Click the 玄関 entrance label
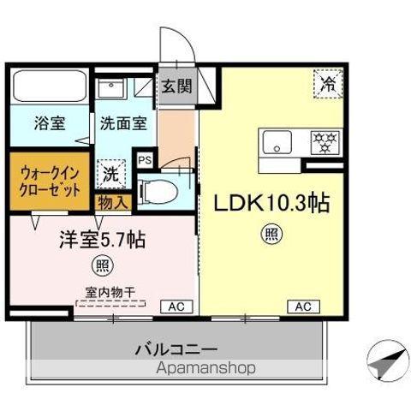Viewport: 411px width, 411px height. [x=178, y=86]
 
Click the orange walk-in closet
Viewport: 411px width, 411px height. [x=49, y=182]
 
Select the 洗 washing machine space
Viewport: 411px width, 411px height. [x=112, y=174]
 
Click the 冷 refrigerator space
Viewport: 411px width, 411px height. [x=327, y=84]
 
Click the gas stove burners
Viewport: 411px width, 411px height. [x=324, y=139]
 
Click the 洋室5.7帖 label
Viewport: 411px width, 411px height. [x=101, y=239]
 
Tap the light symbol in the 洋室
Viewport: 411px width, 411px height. [x=103, y=264]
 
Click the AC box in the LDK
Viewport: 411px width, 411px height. [x=305, y=306]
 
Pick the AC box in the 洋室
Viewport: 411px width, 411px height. [x=175, y=306]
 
